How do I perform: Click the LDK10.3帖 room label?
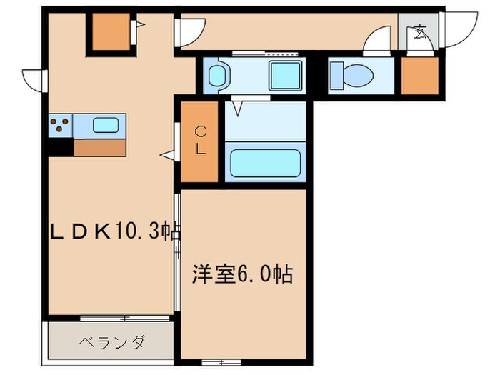pos(114,231)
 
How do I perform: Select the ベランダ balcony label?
pos(111,342)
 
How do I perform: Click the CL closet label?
pos(201,140)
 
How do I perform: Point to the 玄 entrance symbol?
pos(419,32)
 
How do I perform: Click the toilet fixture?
pos(353,74)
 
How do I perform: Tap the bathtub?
pos(264,162)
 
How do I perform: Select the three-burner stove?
pos(61,126)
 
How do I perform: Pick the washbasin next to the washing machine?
pos(217,74)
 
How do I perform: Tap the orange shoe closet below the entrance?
pos(419,74)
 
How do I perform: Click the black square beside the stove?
pos(61,147)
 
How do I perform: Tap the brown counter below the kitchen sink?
pos(99,147)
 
